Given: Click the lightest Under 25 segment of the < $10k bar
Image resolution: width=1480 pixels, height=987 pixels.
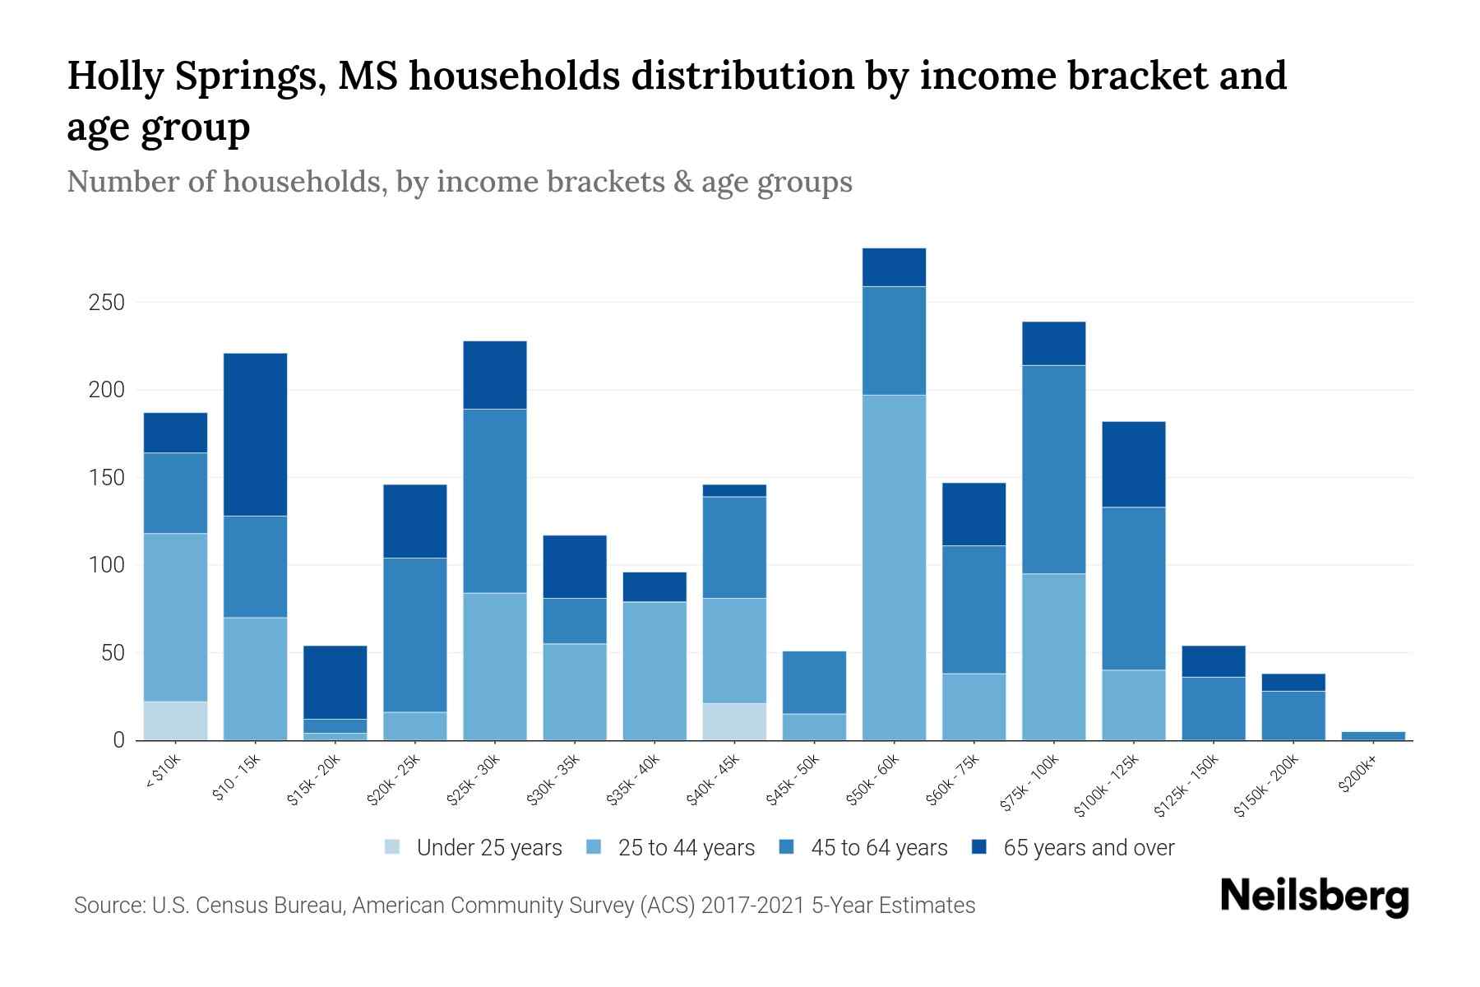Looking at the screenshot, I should pyautogui.click(x=175, y=721).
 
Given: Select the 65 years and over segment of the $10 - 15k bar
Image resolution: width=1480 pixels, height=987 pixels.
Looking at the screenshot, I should pyautogui.click(x=255, y=434).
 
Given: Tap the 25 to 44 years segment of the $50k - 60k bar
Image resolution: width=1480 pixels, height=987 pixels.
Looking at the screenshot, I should pyautogui.click(x=894, y=568).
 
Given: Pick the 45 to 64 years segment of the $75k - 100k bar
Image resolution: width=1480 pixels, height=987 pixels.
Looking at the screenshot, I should pyautogui.click(x=1053, y=469).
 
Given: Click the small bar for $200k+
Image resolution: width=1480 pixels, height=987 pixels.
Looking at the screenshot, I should pyautogui.click(x=1372, y=735).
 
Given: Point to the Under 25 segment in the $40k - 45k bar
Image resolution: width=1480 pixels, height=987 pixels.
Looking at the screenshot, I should pyautogui.click(x=734, y=721).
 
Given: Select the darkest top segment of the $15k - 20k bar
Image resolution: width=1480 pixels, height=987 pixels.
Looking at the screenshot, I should pyautogui.click(x=335, y=682).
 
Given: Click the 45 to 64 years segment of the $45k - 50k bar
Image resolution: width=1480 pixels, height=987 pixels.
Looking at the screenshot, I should pyautogui.click(x=814, y=682).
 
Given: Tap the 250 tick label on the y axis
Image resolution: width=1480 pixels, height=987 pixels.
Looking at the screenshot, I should pyautogui.click(x=106, y=303).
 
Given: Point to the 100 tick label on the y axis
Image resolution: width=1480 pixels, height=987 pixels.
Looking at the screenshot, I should pyautogui.click(x=106, y=566).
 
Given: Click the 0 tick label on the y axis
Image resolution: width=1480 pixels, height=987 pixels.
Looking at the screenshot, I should pyautogui.click(x=118, y=741).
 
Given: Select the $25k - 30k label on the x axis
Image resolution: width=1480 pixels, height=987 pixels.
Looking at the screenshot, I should pyautogui.click(x=473, y=781).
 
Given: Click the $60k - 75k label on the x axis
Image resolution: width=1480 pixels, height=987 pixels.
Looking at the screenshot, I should pyautogui.click(x=953, y=781).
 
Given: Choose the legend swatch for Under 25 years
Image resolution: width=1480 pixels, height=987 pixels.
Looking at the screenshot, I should pyautogui.click(x=393, y=847).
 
